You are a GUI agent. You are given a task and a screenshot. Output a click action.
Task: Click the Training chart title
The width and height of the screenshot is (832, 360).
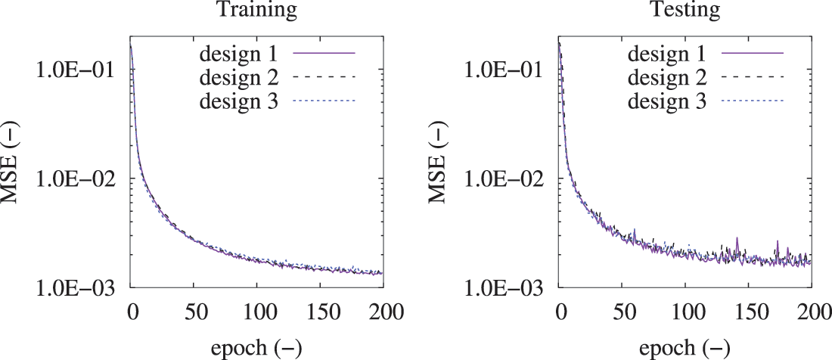[x=257, y=11]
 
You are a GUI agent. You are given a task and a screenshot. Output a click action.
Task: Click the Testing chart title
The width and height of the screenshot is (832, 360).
[x=685, y=11]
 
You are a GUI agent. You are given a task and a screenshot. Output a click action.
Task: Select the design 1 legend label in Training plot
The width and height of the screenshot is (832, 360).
[x=240, y=54]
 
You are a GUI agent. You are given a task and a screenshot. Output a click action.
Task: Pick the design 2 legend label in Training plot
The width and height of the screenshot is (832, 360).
[x=240, y=77]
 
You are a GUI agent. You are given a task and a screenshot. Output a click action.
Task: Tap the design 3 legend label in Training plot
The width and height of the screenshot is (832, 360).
[x=240, y=100]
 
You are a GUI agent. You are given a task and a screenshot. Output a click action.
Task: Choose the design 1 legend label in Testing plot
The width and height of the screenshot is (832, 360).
[x=667, y=54]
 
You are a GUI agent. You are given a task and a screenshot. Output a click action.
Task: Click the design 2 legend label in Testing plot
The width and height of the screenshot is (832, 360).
[x=667, y=77]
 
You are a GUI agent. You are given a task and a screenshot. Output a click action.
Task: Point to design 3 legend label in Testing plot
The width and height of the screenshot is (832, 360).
[x=667, y=100]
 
